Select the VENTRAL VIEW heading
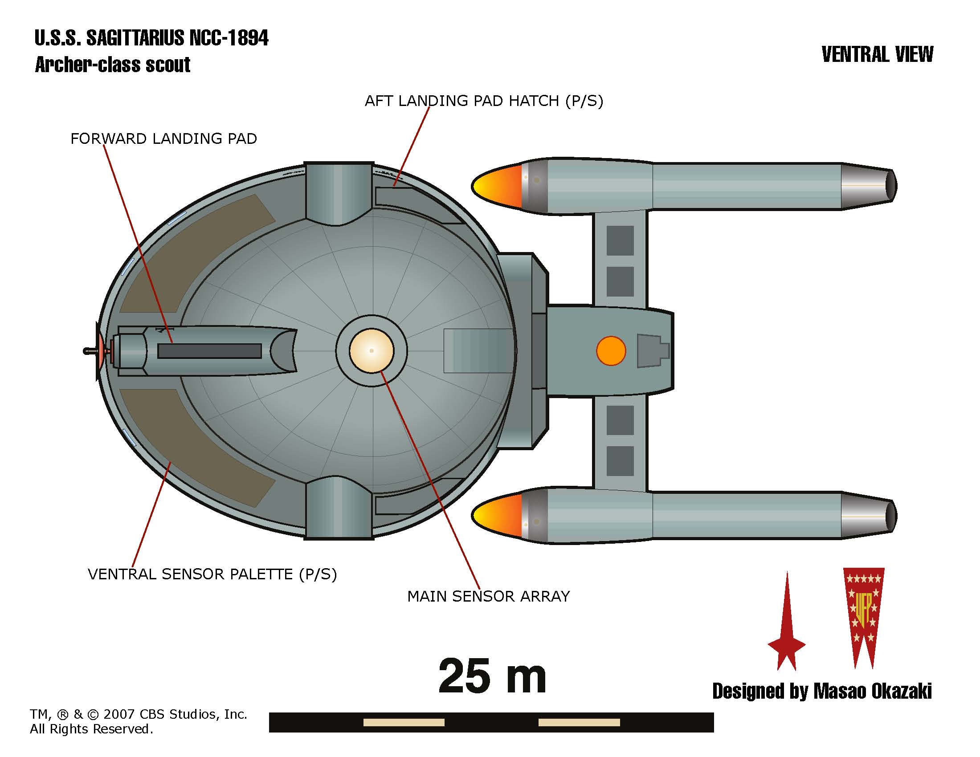point(877,55)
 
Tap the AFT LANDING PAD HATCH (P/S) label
point(484,101)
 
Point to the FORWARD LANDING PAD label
point(164,138)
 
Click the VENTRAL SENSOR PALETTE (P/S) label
point(212,574)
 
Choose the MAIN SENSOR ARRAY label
point(488,596)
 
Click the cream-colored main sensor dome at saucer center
point(371,350)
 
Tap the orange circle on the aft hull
point(611,351)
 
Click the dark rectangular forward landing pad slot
point(209,351)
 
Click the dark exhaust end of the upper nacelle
point(891,186)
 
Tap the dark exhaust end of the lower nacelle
point(891,516)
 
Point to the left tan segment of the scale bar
point(404,722)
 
